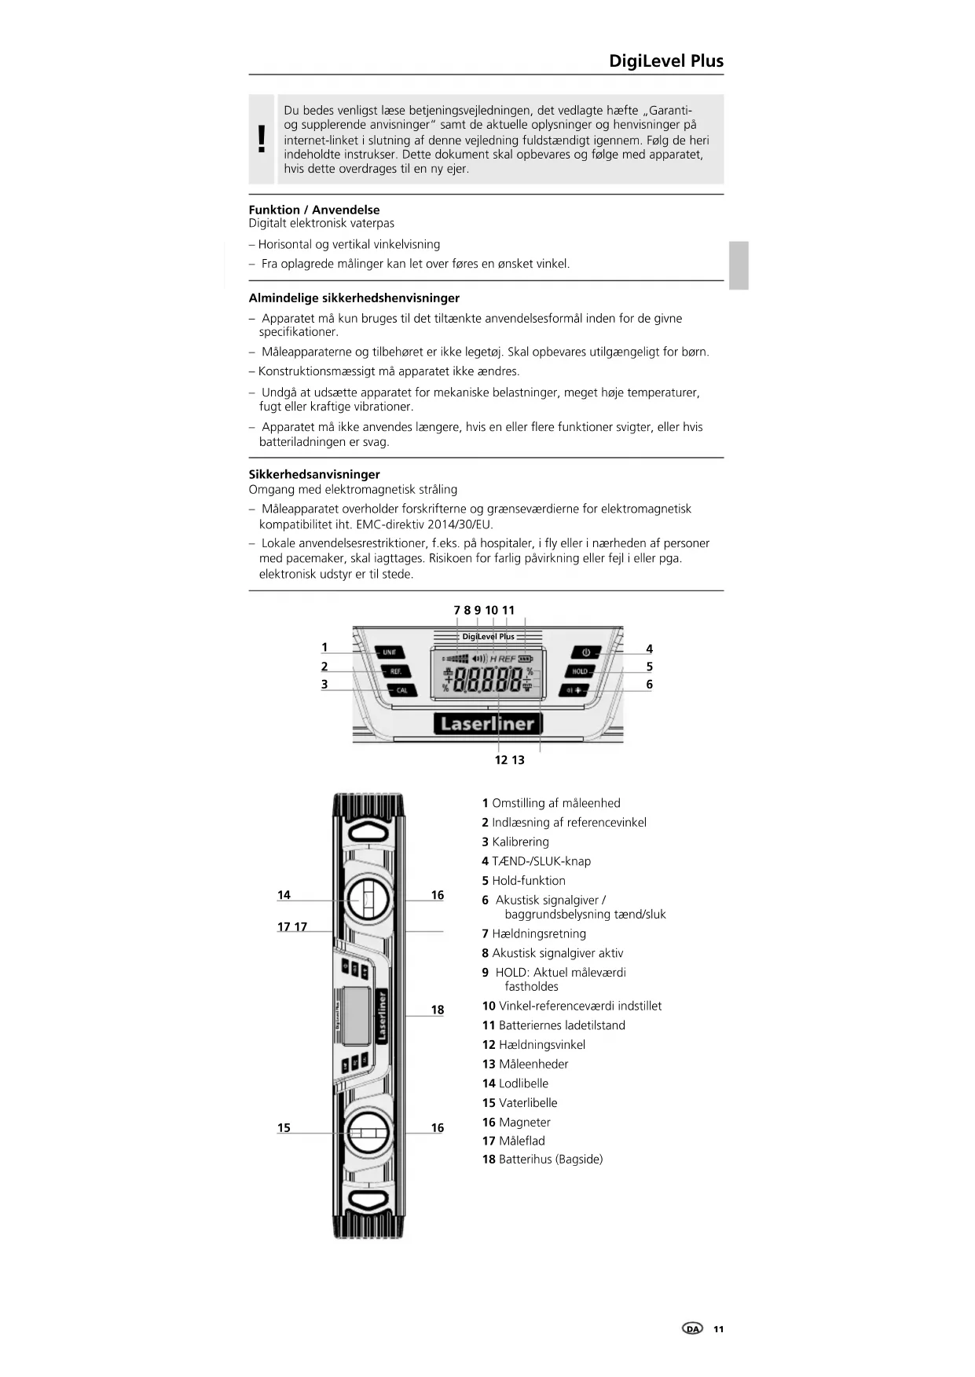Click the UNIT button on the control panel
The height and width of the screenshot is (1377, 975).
tap(390, 652)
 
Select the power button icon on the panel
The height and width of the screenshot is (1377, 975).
tap(585, 652)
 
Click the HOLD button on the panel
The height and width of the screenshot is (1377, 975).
tap(580, 671)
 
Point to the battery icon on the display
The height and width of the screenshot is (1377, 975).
tap(526, 659)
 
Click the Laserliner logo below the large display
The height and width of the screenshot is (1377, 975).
tap(487, 724)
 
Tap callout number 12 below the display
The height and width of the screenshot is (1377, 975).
tap(501, 760)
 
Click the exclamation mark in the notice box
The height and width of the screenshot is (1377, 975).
tap(262, 140)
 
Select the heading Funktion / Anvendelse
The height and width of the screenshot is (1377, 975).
tap(314, 210)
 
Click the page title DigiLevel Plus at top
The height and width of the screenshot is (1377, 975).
tap(666, 61)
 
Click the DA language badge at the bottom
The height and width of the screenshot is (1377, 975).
tap(692, 1328)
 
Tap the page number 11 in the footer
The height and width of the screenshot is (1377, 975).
tap(718, 1328)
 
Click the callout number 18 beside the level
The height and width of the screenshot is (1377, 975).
tap(438, 1010)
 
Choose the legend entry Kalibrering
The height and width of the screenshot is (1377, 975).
tap(520, 842)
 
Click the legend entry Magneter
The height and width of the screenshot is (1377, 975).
tap(524, 1122)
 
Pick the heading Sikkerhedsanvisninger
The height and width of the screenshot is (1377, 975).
tap(314, 474)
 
